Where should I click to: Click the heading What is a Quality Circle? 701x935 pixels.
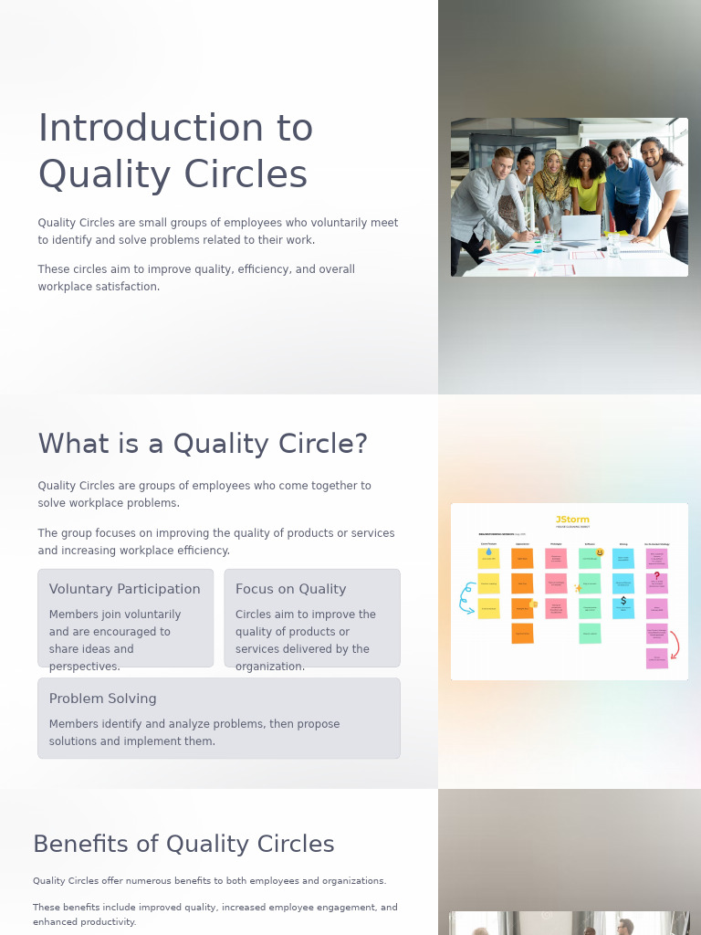coord(203,444)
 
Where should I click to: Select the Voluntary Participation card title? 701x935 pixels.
coord(125,589)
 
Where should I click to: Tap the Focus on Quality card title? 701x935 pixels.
coord(290,589)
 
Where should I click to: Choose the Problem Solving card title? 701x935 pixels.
coord(103,699)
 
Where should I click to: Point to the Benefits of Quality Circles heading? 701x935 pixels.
coord(183,844)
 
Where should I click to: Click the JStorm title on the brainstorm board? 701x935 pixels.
coord(572,520)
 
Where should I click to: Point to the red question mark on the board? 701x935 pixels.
coord(656,575)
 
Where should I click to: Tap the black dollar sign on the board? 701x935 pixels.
coord(623,601)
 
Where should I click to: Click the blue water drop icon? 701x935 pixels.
coord(488,552)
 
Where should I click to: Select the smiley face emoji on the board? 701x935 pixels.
coord(600,552)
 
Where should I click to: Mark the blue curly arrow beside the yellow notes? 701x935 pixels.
coord(466,597)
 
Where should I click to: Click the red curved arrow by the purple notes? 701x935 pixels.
coord(674,644)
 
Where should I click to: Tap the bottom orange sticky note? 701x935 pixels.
coord(522,633)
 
